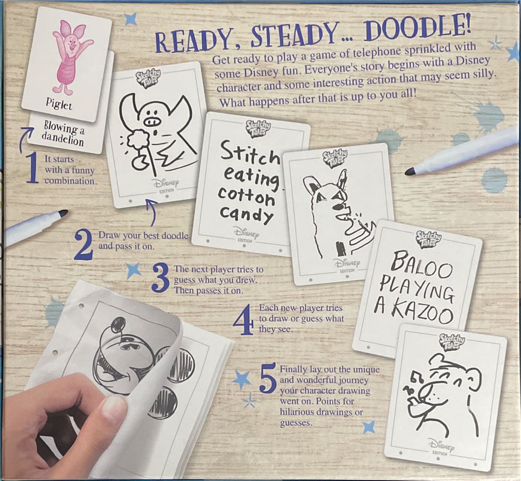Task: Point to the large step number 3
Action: (160, 278)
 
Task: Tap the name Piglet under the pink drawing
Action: (58, 105)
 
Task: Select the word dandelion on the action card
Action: (64, 140)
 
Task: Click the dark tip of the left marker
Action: (63, 213)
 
